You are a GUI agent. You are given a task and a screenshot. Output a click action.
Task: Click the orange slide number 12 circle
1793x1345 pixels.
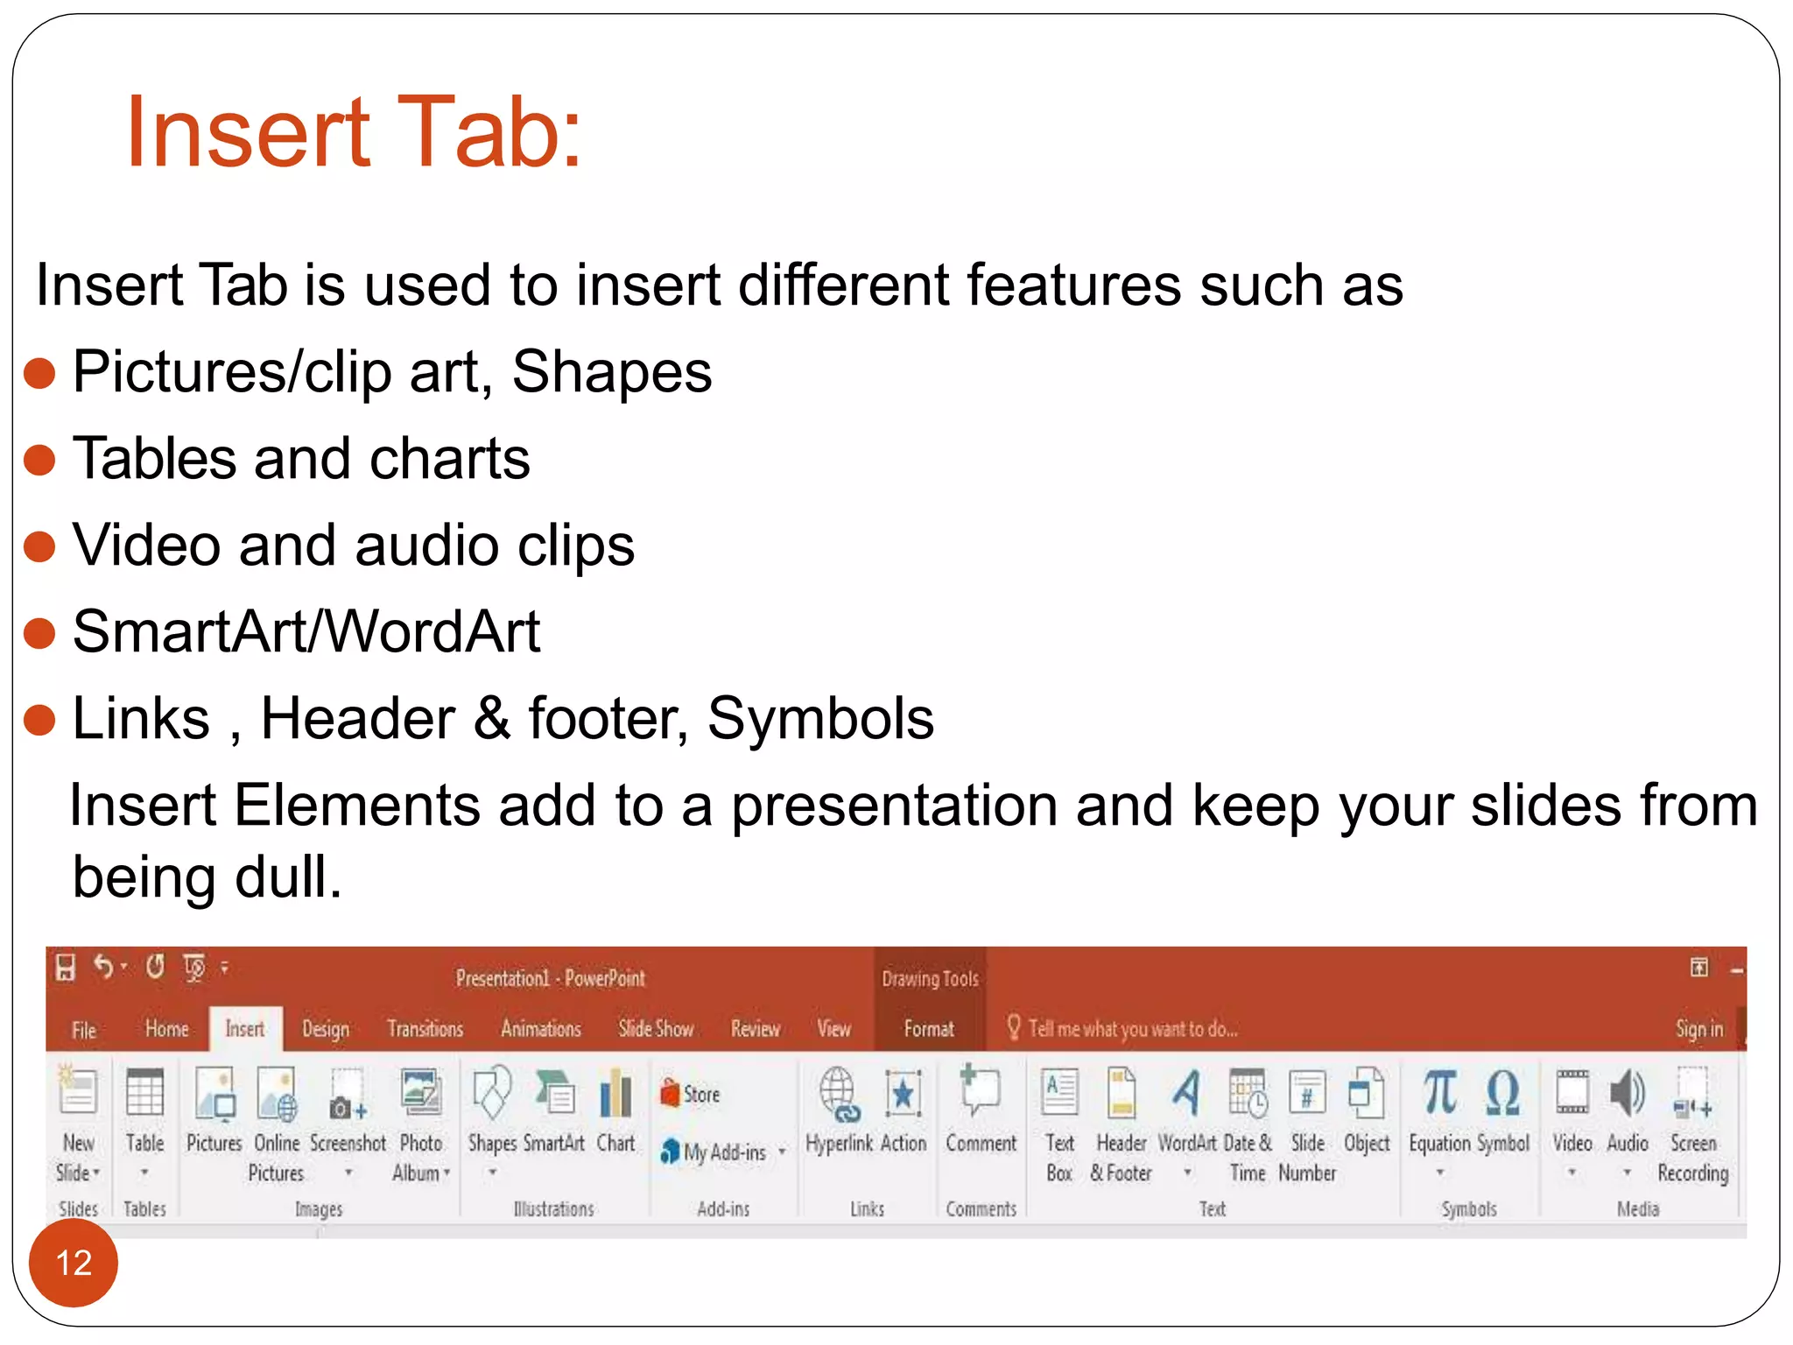coord(73,1263)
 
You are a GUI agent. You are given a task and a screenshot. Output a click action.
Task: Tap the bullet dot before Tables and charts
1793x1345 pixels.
coord(39,459)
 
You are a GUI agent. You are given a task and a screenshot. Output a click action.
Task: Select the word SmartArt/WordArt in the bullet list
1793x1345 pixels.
coord(306,631)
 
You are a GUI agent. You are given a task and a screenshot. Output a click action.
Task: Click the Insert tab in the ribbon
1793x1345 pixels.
coord(245,1029)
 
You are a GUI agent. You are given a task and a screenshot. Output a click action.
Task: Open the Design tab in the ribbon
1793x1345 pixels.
coord(325,1029)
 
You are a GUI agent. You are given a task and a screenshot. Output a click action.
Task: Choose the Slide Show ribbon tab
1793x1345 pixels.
coord(656,1029)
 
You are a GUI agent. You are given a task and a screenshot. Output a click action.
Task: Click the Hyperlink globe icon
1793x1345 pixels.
coord(839,1095)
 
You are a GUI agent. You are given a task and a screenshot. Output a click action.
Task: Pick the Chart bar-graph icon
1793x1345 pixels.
coord(615,1095)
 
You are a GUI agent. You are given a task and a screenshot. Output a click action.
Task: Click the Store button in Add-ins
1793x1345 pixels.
coord(691,1095)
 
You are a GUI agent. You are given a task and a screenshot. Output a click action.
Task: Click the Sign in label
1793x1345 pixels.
coord(1698,1029)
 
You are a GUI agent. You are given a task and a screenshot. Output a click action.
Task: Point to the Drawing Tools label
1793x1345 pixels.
coord(930,979)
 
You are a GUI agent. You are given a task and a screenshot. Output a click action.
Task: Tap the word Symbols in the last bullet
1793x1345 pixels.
coord(820,719)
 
